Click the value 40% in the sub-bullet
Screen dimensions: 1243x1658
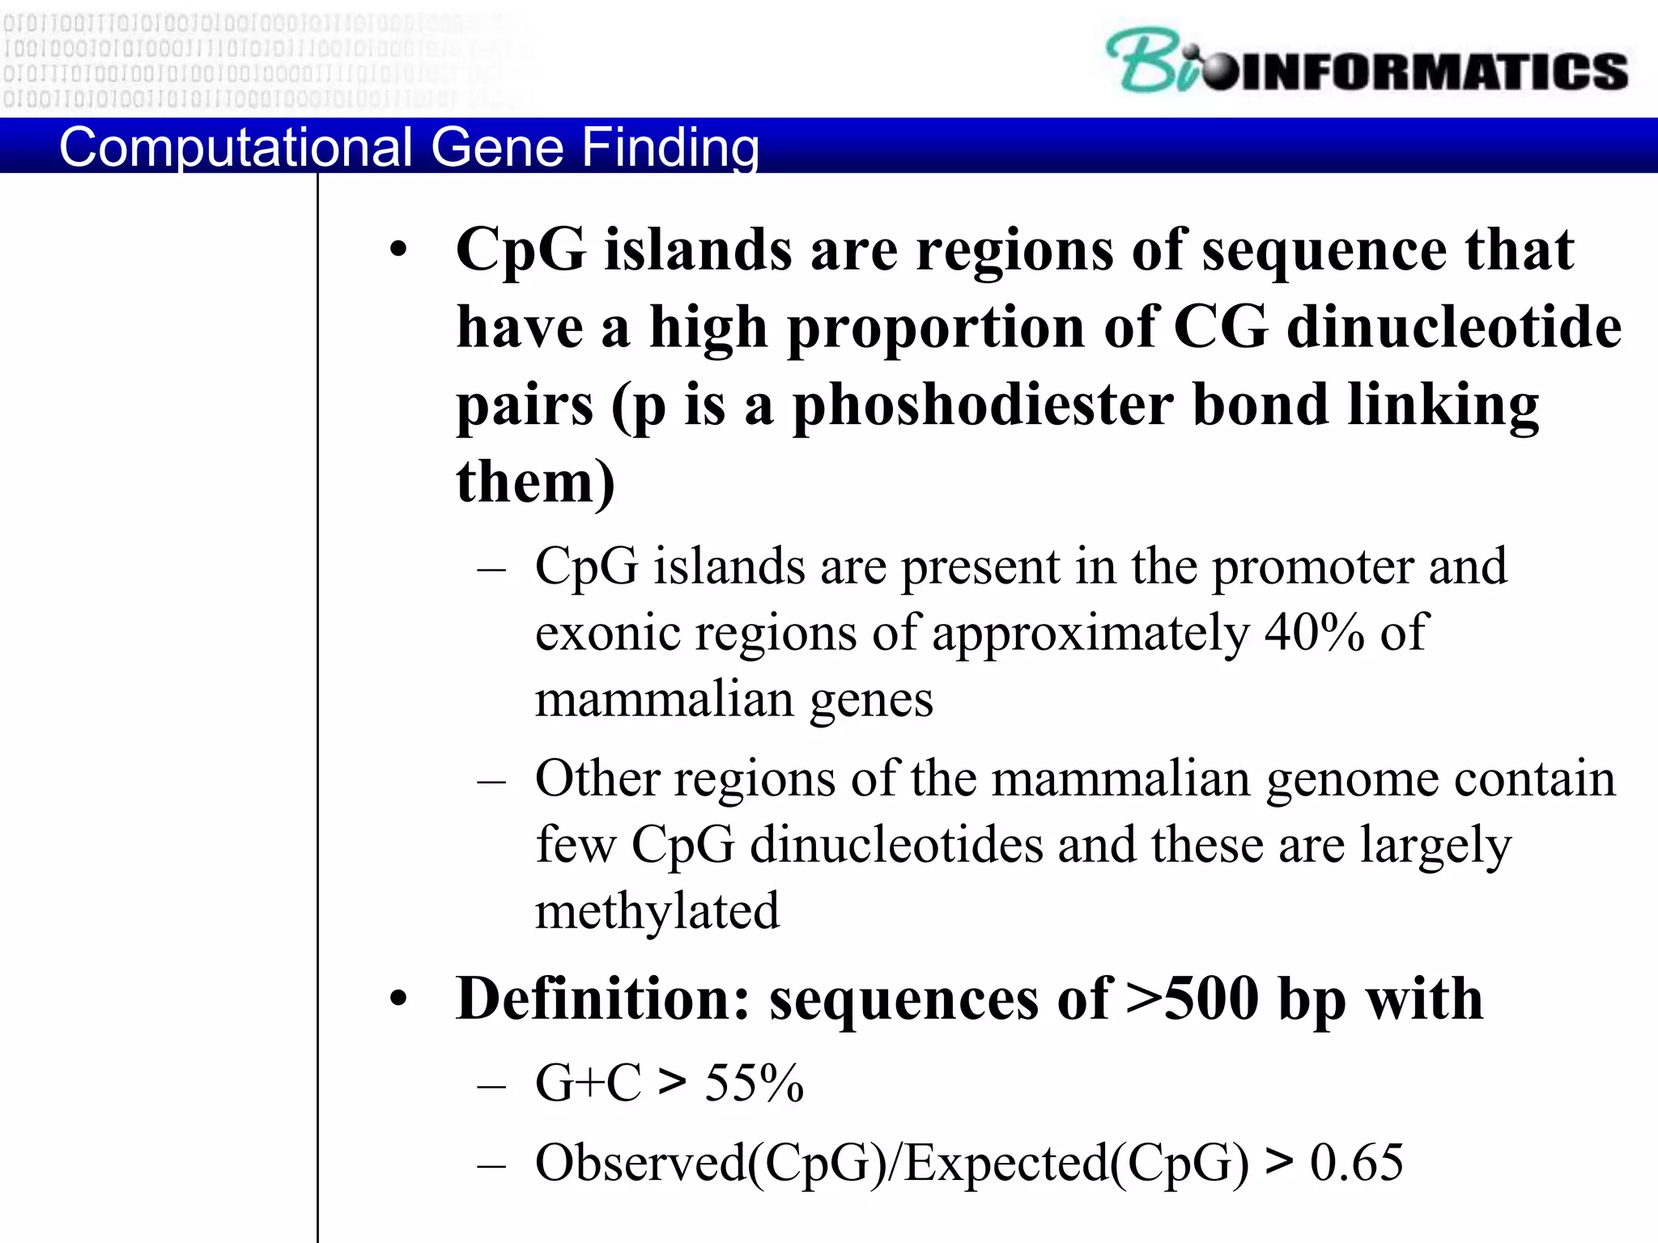[x=1314, y=632]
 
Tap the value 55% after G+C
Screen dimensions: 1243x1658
[x=754, y=1083]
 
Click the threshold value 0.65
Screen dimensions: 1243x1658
[x=1356, y=1163]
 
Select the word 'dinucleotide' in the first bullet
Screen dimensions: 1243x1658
[x=1453, y=328]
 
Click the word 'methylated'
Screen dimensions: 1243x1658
[x=657, y=911]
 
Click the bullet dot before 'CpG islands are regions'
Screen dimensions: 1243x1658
[x=397, y=250]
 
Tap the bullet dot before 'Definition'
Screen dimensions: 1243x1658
[x=397, y=1000]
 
